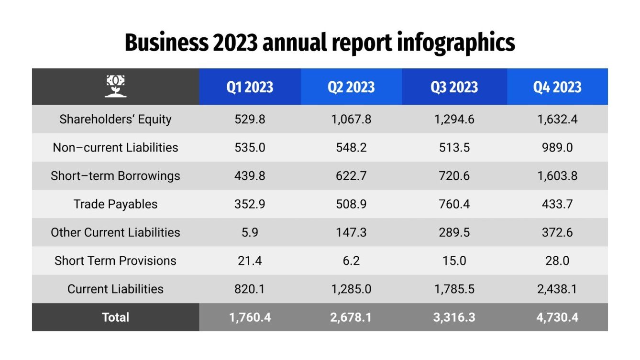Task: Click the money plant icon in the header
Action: pyautogui.click(x=115, y=87)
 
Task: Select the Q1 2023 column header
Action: pyautogui.click(x=250, y=87)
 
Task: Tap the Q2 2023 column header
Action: pyautogui.click(x=351, y=87)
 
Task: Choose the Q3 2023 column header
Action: pyautogui.click(x=454, y=87)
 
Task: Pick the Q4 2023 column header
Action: pyautogui.click(x=557, y=87)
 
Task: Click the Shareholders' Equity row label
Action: pyautogui.click(x=115, y=119)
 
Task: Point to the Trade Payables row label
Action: pyautogui.click(x=115, y=204)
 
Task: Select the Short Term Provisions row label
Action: pyautogui.click(x=115, y=261)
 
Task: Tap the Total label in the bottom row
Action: pyautogui.click(x=115, y=317)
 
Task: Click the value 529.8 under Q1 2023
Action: pyautogui.click(x=250, y=119)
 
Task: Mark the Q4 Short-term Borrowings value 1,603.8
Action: pyautogui.click(x=557, y=176)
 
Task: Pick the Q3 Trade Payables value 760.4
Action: pyautogui.click(x=454, y=204)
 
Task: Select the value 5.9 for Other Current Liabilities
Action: pyautogui.click(x=250, y=232)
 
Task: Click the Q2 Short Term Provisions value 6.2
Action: pyautogui.click(x=351, y=261)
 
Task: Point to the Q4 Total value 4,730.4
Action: pyautogui.click(x=557, y=317)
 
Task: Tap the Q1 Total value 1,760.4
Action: pyautogui.click(x=250, y=317)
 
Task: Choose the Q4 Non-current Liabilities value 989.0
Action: pyautogui.click(x=557, y=147)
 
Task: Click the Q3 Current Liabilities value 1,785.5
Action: pyautogui.click(x=454, y=289)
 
